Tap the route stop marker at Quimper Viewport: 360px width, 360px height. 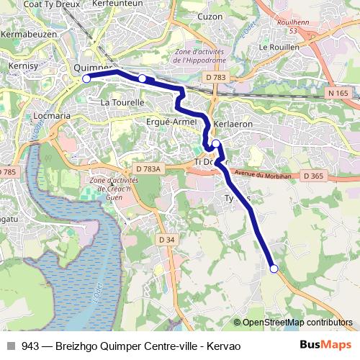click(x=86, y=78)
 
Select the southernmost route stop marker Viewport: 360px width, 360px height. click(x=274, y=269)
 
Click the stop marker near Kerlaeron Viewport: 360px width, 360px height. click(x=216, y=143)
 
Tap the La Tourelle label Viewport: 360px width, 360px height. click(x=122, y=102)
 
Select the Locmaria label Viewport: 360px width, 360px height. click(x=52, y=115)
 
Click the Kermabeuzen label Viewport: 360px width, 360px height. click(x=29, y=34)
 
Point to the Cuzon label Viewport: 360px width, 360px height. click(x=210, y=36)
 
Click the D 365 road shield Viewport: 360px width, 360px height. click(x=314, y=176)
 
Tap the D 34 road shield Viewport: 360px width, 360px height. click(x=166, y=240)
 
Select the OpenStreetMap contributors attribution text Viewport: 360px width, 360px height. click(x=292, y=323)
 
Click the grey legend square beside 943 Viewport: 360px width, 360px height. click(x=10, y=346)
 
